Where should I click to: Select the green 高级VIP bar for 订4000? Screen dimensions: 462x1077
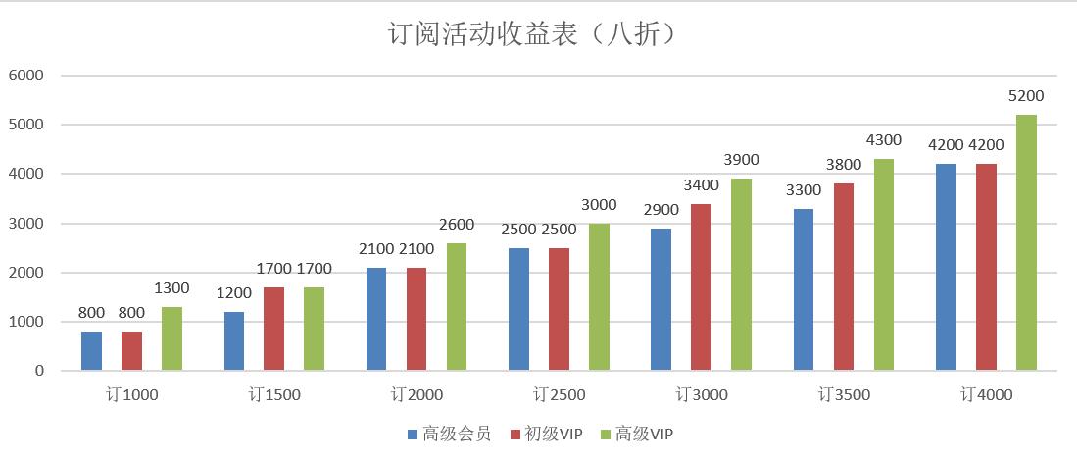point(1026,243)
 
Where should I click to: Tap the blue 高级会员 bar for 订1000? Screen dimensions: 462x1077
point(91,351)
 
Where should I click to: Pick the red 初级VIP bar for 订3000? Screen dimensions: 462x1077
point(701,287)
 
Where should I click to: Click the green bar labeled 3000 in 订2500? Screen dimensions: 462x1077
point(599,297)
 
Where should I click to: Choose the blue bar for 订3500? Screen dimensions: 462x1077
point(804,289)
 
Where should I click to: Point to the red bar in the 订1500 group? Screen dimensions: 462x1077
point(274,329)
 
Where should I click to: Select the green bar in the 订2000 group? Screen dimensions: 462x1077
point(457,307)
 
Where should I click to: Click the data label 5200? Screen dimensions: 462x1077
point(1026,96)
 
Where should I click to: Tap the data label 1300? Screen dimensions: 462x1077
point(171,288)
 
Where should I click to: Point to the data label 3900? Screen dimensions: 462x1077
point(741,160)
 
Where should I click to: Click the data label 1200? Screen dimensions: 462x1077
point(234,293)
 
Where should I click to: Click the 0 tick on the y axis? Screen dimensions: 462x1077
point(39,372)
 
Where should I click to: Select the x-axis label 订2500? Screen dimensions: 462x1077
point(560,395)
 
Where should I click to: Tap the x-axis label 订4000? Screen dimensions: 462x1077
point(987,395)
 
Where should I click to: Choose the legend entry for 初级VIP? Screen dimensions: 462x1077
point(545,434)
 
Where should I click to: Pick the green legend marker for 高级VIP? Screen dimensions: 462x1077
point(605,434)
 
